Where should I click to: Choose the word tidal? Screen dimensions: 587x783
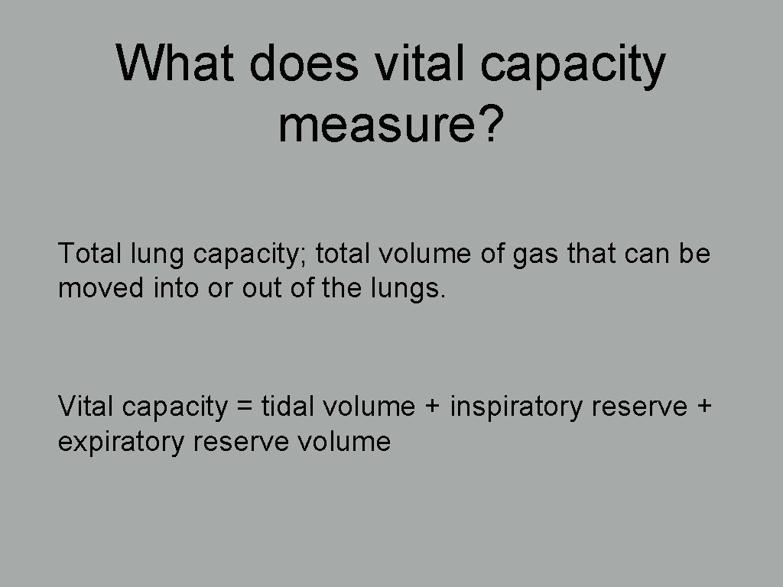(288, 406)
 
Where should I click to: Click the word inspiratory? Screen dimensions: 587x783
(516, 407)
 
